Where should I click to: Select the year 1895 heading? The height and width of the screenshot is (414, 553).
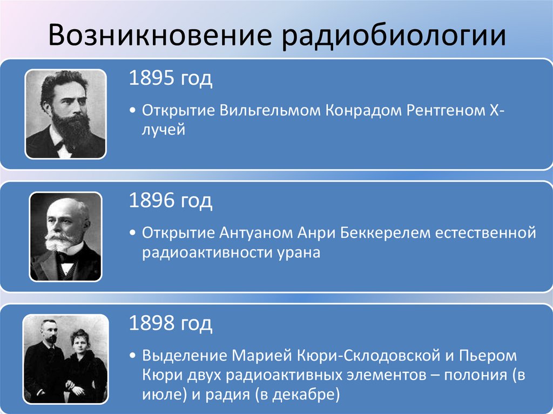coord(170,79)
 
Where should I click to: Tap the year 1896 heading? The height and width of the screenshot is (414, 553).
coord(170,202)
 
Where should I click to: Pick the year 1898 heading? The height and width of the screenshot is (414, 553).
coord(170,324)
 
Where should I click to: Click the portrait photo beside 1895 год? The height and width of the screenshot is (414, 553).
coord(65,114)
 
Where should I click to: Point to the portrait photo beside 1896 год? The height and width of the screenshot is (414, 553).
coord(65,236)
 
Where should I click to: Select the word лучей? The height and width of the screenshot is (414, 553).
coord(164,130)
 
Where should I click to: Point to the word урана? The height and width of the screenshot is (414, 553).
coord(301,253)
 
